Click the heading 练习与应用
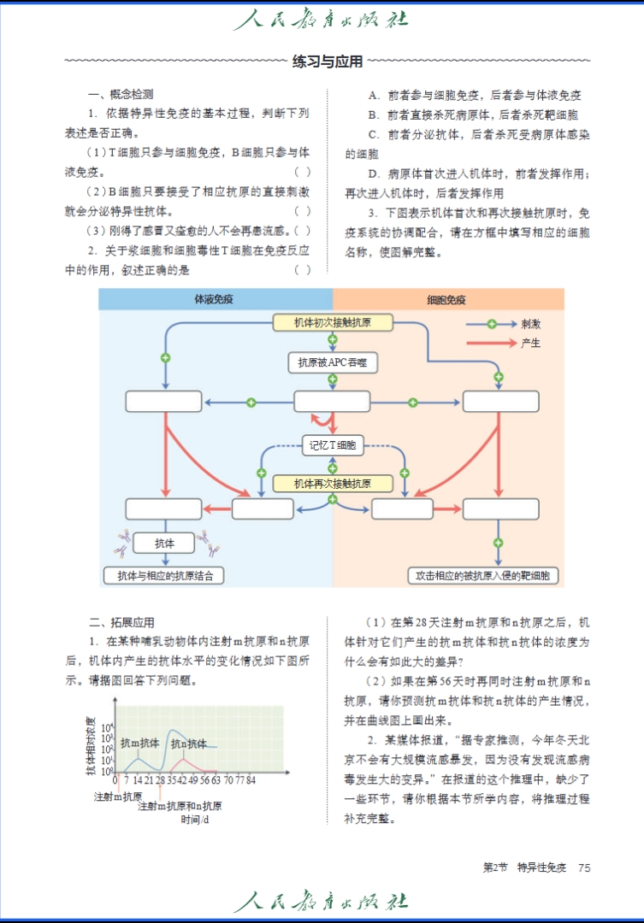pyautogui.click(x=328, y=62)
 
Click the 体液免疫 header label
pyautogui.click(x=216, y=300)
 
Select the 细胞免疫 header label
pyautogui.click(x=446, y=300)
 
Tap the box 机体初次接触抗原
pyautogui.click(x=333, y=323)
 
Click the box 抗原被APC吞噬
pyautogui.click(x=333, y=362)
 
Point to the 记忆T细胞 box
pyautogui.click(x=333, y=444)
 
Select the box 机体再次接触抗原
pyautogui.click(x=333, y=484)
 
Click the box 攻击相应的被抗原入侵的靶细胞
pyautogui.click(x=484, y=576)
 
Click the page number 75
pyautogui.click(x=584, y=867)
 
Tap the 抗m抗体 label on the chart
pyautogui.click(x=139, y=743)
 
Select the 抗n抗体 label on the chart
pyautogui.click(x=188, y=744)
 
